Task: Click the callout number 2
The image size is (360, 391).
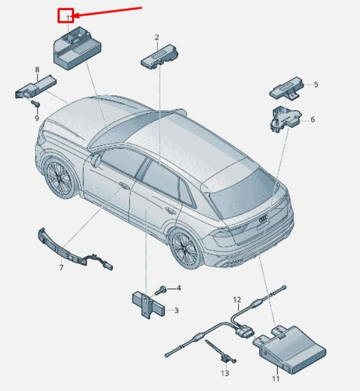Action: [x=156, y=38]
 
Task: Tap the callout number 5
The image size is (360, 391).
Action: [x=316, y=84]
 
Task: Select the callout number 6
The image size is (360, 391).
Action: [x=313, y=119]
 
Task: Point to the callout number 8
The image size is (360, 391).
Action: [x=37, y=70]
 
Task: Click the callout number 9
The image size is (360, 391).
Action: [x=36, y=118]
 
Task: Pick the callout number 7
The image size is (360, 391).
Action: [x=62, y=267]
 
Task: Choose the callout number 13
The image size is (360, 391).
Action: [x=225, y=373]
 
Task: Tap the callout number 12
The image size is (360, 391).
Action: [x=237, y=300]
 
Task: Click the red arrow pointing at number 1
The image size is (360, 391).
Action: [x=108, y=12]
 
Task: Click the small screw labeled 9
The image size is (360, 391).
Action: [x=35, y=103]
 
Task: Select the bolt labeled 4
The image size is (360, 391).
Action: [x=161, y=290]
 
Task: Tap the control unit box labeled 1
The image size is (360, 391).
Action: [x=77, y=48]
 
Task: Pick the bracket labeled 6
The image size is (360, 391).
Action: [x=285, y=119]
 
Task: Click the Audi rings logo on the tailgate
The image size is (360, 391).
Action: [x=263, y=219]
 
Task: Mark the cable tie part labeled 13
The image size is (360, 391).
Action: [x=221, y=352]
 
